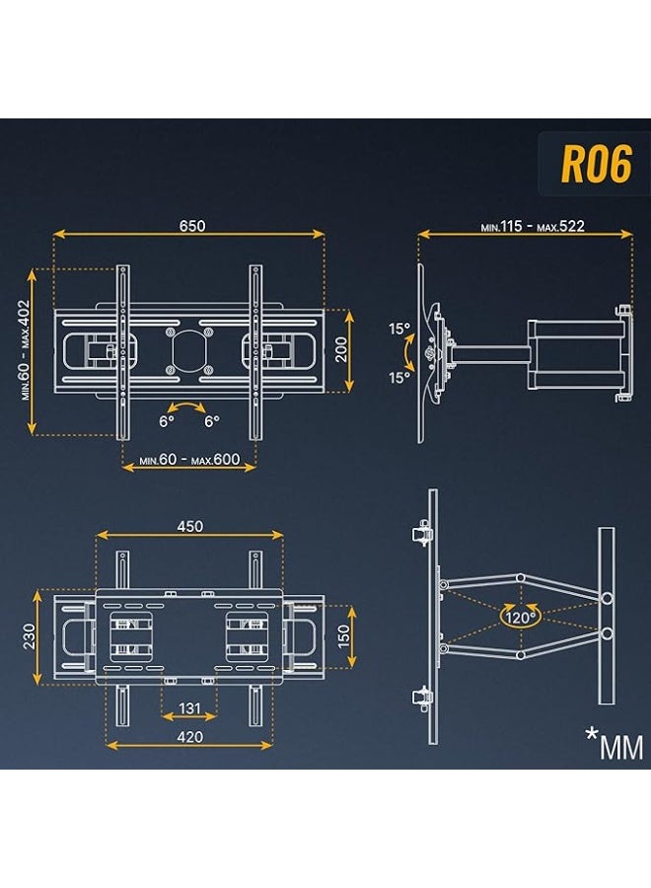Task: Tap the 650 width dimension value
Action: [x=191, y=225]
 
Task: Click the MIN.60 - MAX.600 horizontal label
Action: [x=189, y=461]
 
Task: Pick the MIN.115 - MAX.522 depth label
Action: [x=533, y=226]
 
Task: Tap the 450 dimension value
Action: [x=189, y=526]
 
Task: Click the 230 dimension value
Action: [x=30, y=636]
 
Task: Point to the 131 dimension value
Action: [x=189, y=708]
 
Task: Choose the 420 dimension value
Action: [x=189, y=736]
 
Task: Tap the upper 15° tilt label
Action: [x=398, y=329]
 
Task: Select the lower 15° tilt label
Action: [x=398, y=377]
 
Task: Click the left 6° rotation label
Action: [x=166, y=420]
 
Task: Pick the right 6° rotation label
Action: [x=212, y=420]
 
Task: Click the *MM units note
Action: [x=617, y=744]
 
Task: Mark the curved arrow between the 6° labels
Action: [x=188, y=407]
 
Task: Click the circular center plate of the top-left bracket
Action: [x=188, y=350]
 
